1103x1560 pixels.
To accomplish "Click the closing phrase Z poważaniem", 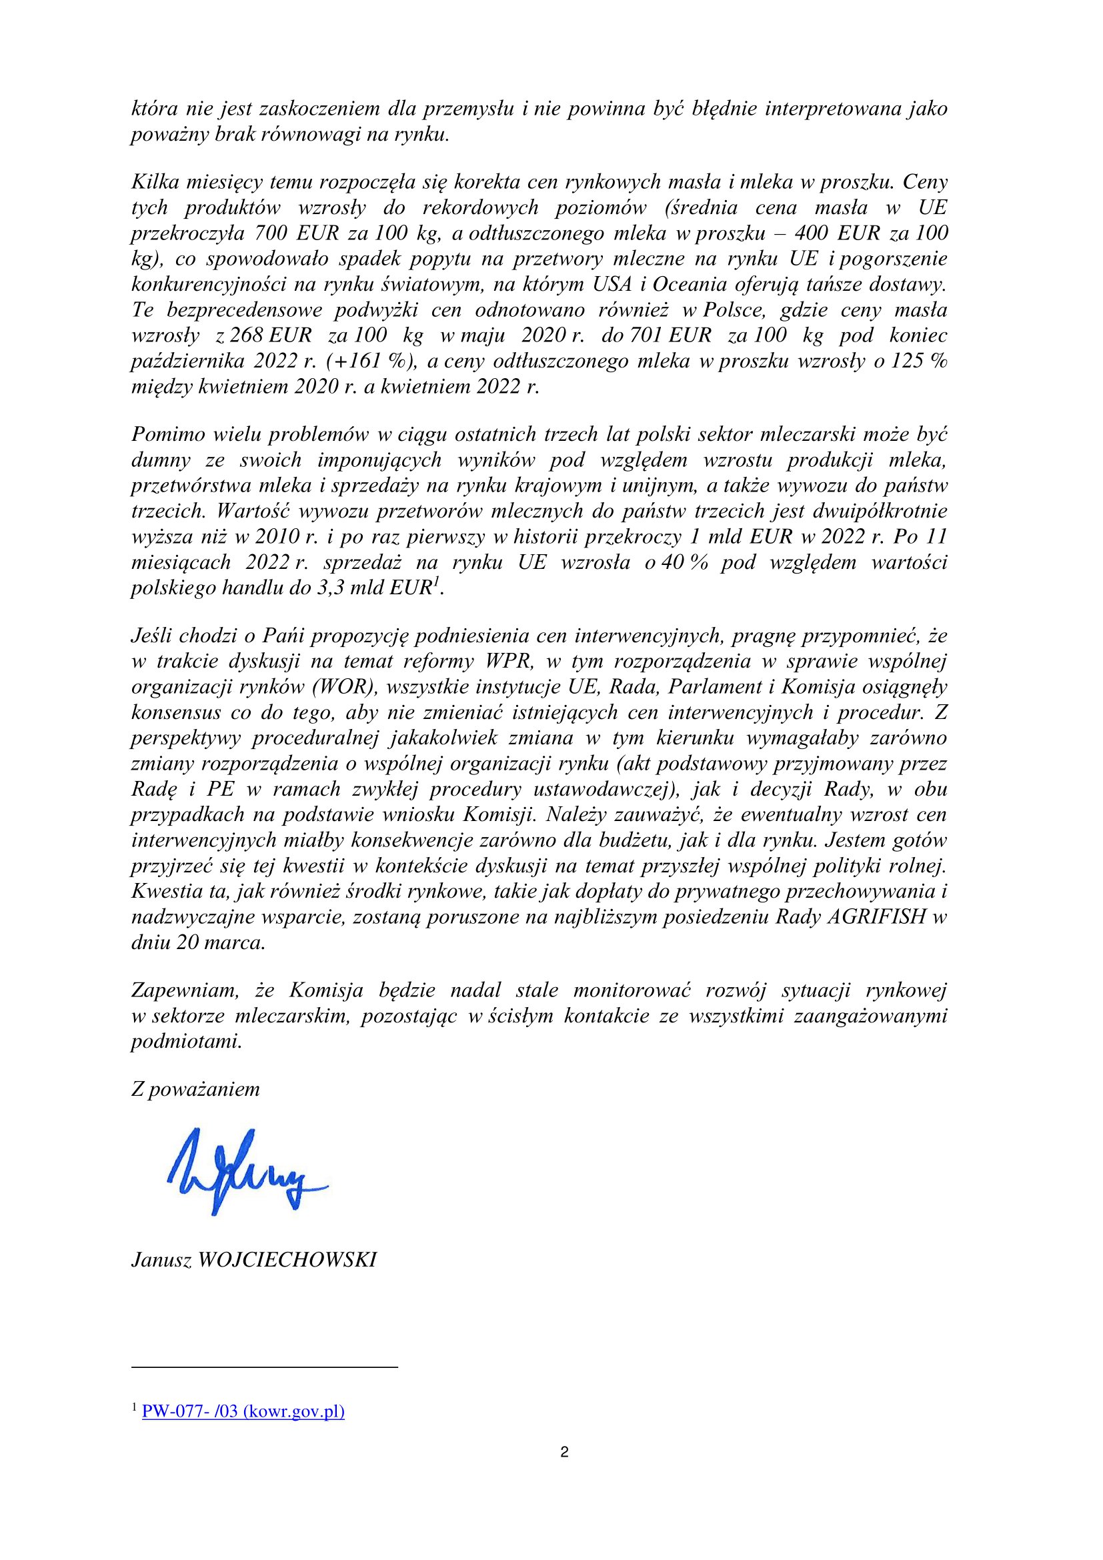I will coord(195,1089).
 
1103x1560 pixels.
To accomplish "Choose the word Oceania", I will coord(690,284).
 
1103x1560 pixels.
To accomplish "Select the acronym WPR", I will coord(510,661).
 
